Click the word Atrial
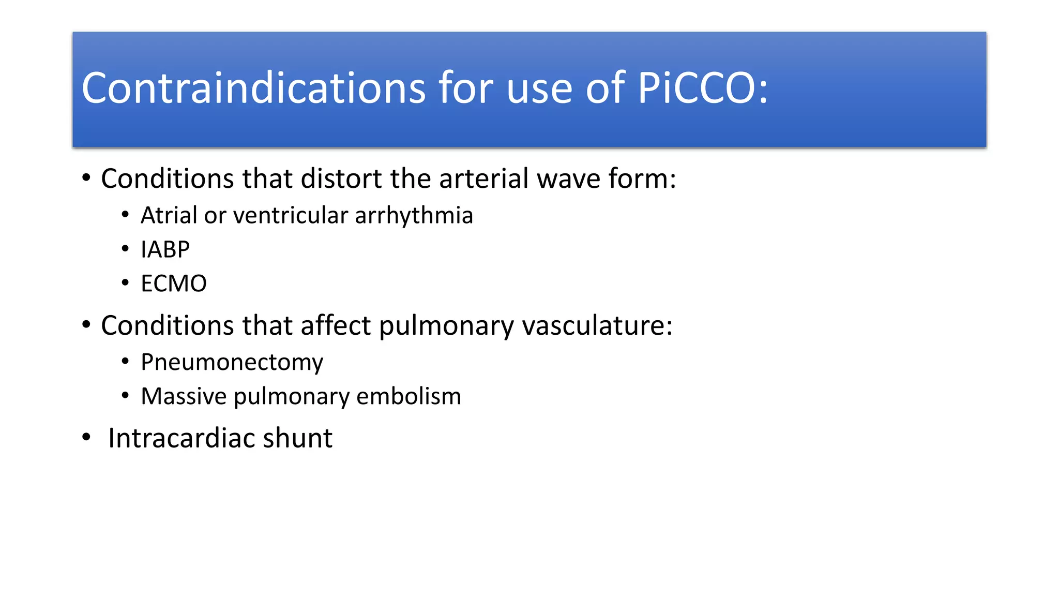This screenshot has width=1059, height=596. (x=169, y=216)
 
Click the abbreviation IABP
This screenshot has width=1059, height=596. (x=165, y=250)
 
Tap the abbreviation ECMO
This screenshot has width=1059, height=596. (x=174, y=284)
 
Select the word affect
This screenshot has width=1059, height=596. (x=336, y=326)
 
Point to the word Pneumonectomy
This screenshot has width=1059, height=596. (x=232, y=363)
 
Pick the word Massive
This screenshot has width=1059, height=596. (x=184, y=397)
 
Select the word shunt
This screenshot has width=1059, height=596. (x=297, y=439)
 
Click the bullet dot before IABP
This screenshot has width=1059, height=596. (x=125, y=249)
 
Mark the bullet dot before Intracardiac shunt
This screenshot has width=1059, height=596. (x=86, y=438)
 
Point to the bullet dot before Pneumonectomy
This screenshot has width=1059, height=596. (x=125, y=362)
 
